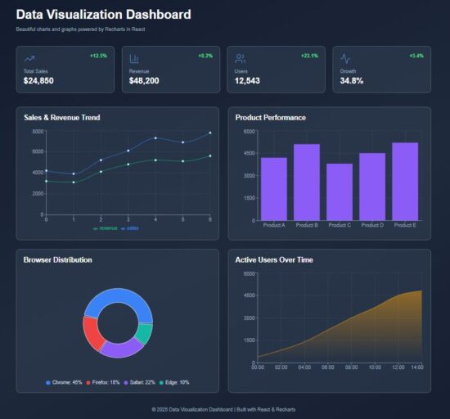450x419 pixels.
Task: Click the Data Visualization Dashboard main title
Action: click(x=103, y=14)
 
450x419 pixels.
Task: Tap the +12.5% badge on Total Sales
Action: click(x=99, y=56)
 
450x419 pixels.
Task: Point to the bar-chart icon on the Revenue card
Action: click(x=134, y=59)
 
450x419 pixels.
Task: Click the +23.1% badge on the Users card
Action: click(x=309, y=56)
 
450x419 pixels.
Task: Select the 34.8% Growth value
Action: click(x=352, y=81)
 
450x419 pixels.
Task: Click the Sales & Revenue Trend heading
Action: click(x=62, y=118)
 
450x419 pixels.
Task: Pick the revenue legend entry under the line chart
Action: click(x=106, y=228)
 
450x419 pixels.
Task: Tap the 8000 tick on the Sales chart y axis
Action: click(x=38, y=131)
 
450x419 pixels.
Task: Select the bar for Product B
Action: click(x=306, y=182)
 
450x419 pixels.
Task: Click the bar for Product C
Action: click(x=339, y=191)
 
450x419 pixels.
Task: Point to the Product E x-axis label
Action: click(x=405, y=225)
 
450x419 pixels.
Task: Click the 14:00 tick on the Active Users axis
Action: click(x=417, y=367)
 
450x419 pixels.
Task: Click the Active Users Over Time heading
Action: click(x=273, y=259)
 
